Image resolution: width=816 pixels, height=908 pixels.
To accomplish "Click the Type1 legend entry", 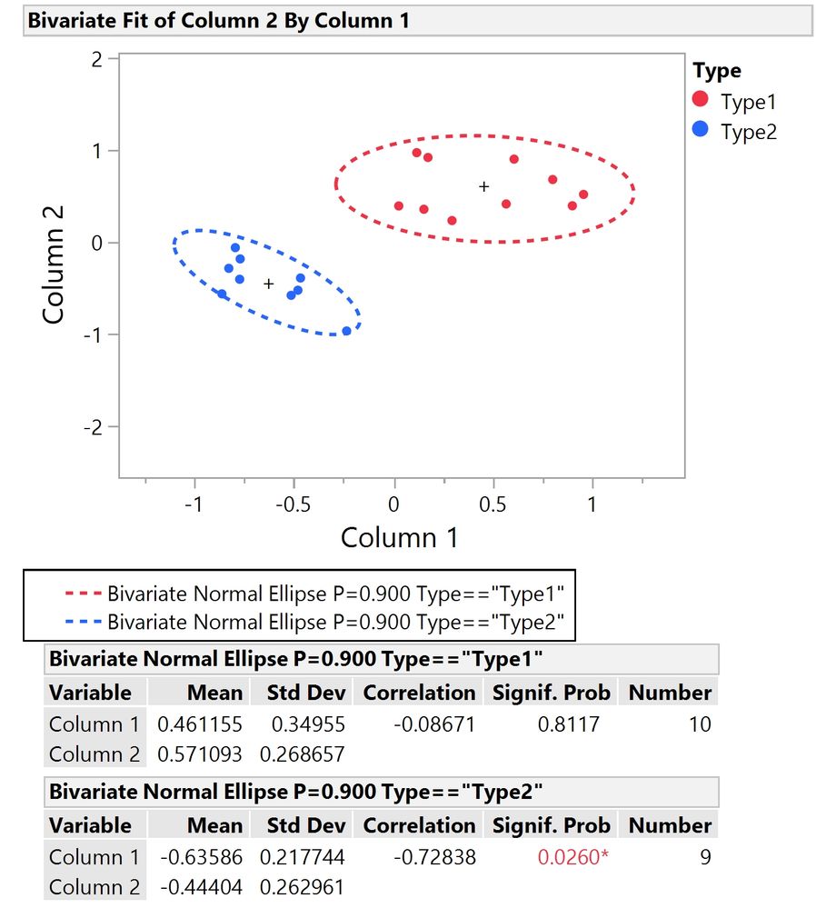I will [x=748, y=101].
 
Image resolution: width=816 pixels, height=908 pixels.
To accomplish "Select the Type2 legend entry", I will [x=748, y=131].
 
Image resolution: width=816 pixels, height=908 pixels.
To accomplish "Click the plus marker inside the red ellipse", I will [x=484, y=186].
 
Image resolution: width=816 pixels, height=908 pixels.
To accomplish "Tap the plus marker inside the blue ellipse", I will [x=269, y=284].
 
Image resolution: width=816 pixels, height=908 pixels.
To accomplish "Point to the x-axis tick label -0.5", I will [x=293, y=504].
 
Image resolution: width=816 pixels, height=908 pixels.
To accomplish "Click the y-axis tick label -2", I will [x=94, y=427].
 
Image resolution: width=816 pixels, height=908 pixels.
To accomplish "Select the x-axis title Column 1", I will [x=399, y=537].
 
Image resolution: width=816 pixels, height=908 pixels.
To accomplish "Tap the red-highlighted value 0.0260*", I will [x=572, y=857].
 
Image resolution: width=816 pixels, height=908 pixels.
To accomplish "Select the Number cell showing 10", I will [x=699, y=724].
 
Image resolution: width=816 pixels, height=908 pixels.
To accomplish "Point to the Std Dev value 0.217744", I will [x=303, y=857].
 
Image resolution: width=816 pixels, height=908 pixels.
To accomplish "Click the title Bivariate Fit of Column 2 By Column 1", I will [x=218, y=20].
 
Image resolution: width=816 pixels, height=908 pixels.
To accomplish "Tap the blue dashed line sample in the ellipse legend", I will [x=82, y=623].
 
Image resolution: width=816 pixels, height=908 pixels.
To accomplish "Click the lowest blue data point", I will [x=346, y=331].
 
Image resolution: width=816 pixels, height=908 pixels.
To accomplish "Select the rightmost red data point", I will [x=583, y=195].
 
